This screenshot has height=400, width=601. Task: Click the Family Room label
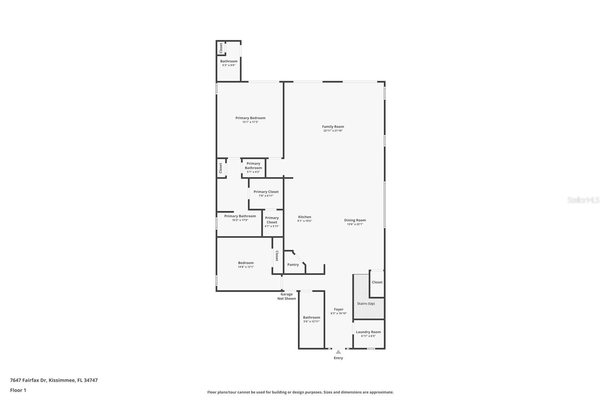[333, 127]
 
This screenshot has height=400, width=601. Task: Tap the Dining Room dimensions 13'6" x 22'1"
[355, 224]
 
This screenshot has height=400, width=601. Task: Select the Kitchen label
[304, 217]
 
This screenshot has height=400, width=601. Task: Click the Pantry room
[293, 265]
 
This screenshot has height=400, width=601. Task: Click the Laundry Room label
[368, 332]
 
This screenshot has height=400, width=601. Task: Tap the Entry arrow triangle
[338, 352]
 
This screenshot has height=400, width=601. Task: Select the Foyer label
[338, 310]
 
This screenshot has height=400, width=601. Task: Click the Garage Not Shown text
[287, 296]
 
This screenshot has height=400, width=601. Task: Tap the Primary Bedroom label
[250, 118]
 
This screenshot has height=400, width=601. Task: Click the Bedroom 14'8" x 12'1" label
[246, 263]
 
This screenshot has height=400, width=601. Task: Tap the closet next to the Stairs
[377, 282]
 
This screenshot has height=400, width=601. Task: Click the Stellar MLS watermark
[583, 200]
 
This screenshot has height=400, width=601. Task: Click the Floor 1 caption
[18, 390]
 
